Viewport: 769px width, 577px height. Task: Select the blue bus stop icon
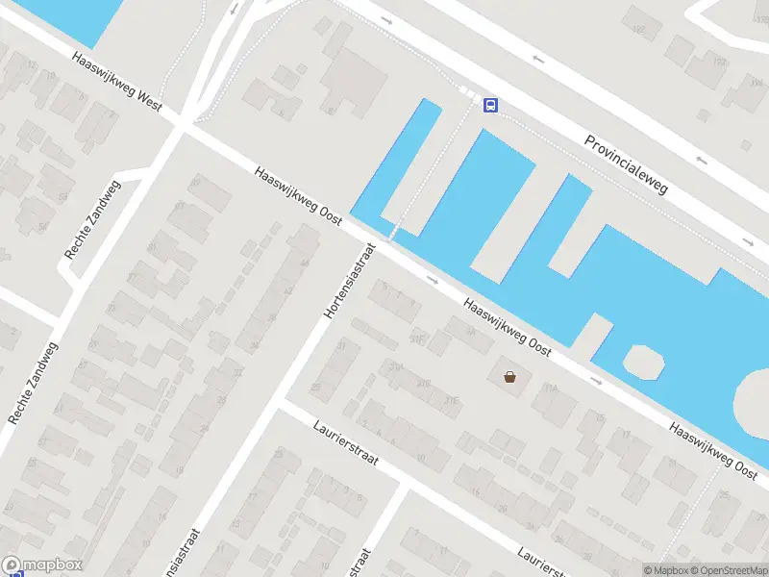[490, 105]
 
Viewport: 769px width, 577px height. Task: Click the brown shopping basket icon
[509, 377]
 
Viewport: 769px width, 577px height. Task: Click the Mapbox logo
[42, 565]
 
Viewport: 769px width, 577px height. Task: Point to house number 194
[757, 84]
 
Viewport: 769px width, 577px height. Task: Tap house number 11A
[550, 388]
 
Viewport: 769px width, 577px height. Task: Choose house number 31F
[416, 339]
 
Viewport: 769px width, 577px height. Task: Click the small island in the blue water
[643, 361]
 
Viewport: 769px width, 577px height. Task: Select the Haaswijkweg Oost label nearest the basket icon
[507, 327]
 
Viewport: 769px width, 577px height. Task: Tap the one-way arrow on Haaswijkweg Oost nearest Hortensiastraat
[433, 281]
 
